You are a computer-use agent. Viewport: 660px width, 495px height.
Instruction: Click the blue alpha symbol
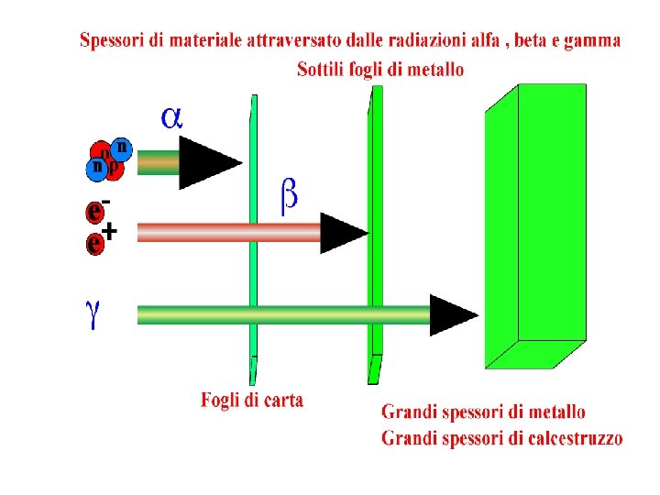(171, 116)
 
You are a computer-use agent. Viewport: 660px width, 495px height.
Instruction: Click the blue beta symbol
(288, 197)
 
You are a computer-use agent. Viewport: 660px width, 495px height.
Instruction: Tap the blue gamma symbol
(93, 314)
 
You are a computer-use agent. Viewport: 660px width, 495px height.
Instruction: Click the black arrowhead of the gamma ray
(453, 315)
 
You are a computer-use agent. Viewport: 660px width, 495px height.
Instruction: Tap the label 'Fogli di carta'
(252, 401)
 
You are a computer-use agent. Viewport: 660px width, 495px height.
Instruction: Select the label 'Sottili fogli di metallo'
(380, 70)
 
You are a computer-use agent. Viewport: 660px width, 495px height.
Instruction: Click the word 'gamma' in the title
(595, 41)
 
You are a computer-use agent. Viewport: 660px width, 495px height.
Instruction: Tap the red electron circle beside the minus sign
(93, 212)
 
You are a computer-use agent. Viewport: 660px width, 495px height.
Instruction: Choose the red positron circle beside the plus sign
(93, 244)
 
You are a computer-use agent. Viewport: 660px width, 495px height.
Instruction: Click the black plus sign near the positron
(109, 232)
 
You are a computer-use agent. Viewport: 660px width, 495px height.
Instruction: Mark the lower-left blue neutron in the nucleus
(95, 169)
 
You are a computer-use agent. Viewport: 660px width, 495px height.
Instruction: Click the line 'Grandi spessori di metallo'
(483, 413)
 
